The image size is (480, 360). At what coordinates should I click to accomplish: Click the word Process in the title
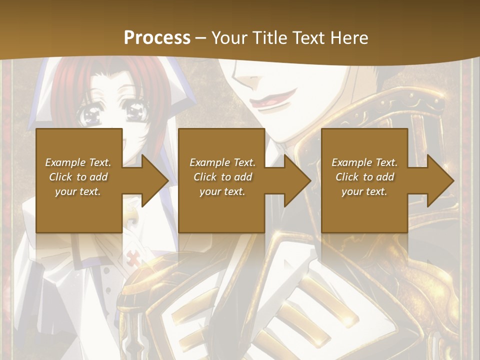[157, 38]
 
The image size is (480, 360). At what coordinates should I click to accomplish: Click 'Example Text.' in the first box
[78, 162]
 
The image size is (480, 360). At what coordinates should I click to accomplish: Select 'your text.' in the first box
[78, 191]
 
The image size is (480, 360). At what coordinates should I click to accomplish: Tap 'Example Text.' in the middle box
[222, 162]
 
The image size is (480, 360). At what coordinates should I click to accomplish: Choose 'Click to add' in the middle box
[222, 177]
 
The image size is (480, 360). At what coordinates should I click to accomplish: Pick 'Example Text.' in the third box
[364, 162]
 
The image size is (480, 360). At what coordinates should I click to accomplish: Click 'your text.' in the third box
[364, 191]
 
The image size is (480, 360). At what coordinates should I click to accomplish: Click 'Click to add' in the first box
[78, 177]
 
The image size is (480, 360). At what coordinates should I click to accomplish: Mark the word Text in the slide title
[307, 38]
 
